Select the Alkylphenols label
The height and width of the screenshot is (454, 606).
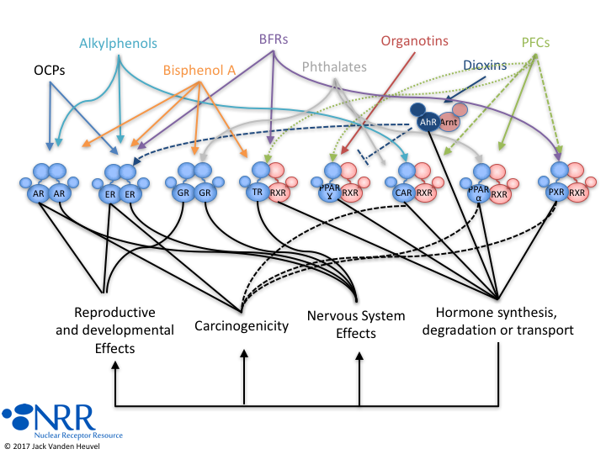(x=119, y=44)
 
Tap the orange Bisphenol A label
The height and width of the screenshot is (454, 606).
(x=200, y=71)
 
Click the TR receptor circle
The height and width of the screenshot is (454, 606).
(x=258, y=193)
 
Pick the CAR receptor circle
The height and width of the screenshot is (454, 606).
(x=402, y=193)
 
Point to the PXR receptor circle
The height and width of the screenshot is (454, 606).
(x=555, y=193)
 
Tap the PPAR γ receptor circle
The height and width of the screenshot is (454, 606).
(x=330, y=193)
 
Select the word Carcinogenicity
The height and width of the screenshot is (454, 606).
(x=242, y=325)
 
